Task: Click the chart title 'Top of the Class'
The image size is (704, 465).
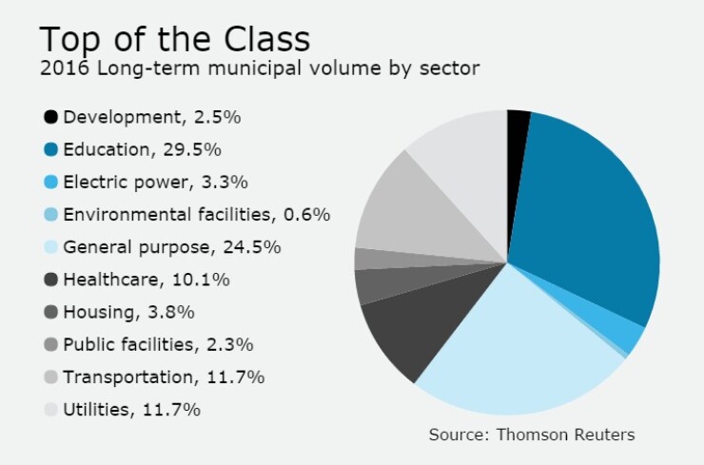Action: coord(174,39)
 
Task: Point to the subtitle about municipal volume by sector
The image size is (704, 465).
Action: coord(259,68)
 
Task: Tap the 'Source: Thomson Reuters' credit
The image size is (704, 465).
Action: coord(531,435)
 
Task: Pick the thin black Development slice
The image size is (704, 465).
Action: coord(517,128)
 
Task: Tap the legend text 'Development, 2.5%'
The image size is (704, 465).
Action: coord(151,117)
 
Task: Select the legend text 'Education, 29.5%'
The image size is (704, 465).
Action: coord(142,149)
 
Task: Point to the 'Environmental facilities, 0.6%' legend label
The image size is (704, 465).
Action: coord(196,215)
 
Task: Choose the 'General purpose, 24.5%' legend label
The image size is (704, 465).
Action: coord(171,247)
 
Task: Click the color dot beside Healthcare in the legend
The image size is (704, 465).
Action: coord(50,280)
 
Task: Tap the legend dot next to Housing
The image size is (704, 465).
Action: coord(50,312)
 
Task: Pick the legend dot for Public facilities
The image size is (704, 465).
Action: coord(50,344)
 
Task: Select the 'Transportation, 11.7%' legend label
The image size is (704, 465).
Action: coord(164,378)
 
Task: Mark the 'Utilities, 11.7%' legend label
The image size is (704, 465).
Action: coord(131,410)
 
